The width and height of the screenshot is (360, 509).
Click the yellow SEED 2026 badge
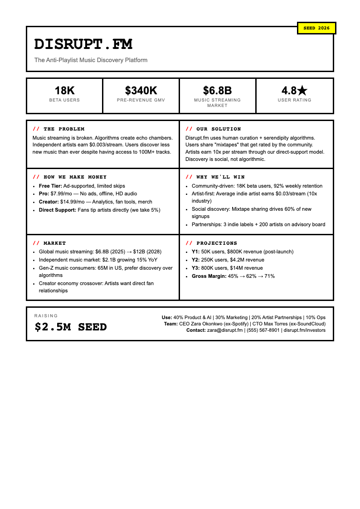[x=316, y=28]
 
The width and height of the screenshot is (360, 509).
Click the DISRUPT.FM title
[x=83, y=44]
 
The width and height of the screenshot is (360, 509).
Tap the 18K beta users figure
[x=64, y=91]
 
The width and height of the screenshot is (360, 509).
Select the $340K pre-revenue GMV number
[x=141, y=91]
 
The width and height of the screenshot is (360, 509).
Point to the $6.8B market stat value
[x=218, y=91]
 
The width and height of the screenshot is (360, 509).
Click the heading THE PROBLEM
[x=64, y=129]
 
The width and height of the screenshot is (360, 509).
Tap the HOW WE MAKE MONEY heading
[x=75, y=177]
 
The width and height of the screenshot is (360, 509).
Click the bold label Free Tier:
[x=50, y=186]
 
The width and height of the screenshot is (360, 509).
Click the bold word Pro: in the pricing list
[x=44, y=194]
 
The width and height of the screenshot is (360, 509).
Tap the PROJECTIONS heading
[x=217, y=243]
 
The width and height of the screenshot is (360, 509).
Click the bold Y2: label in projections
[x=195, y=260]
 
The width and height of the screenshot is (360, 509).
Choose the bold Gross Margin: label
[x=209, y=276]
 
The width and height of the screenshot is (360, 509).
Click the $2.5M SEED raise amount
[x=71, y=327]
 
